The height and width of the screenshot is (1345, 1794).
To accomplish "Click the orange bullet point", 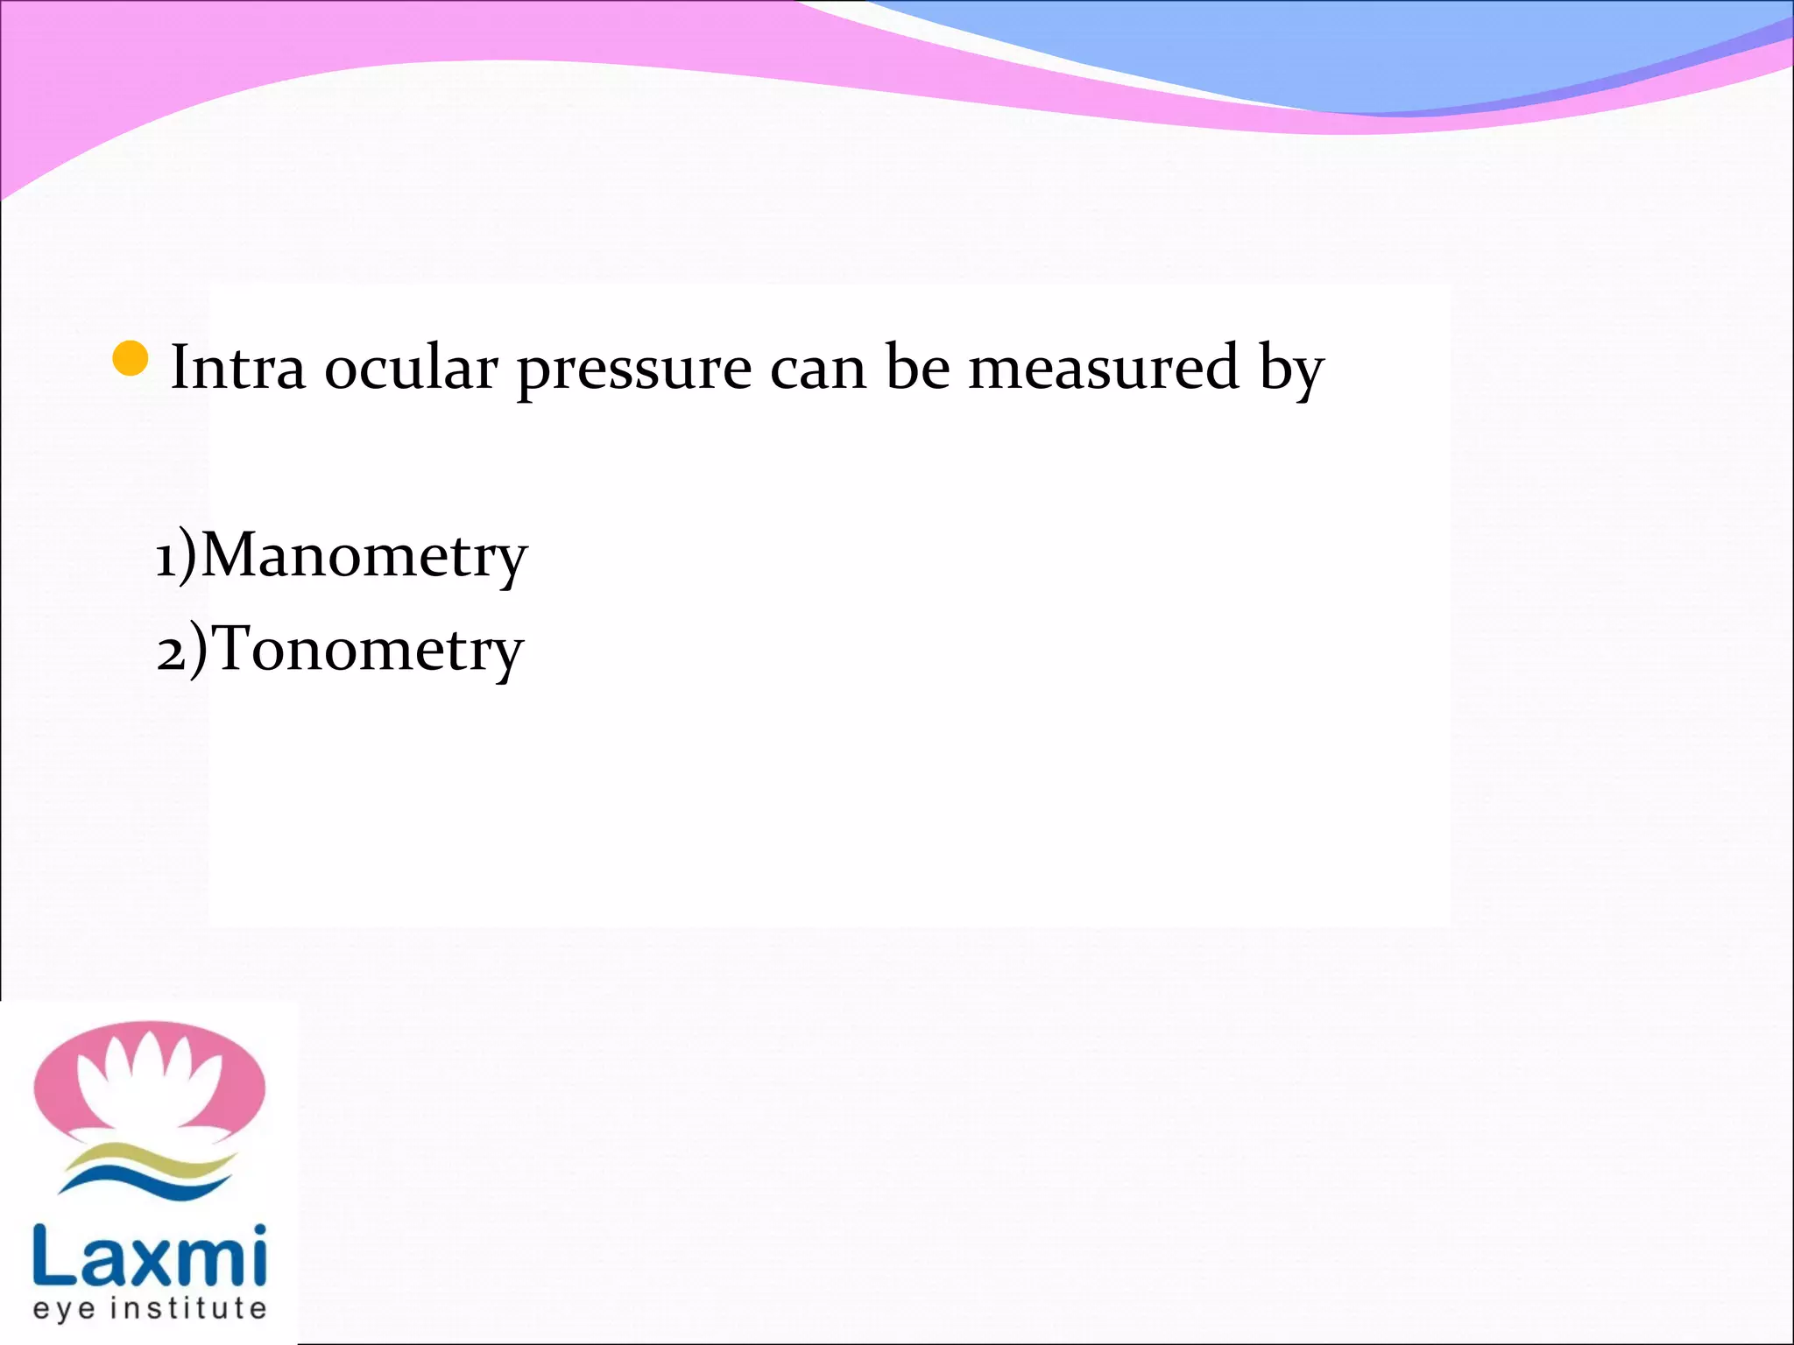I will click(131, 359).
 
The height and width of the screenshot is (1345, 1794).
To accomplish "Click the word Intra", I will click(237, 368).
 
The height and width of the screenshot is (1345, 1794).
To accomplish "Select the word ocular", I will click(411, 368).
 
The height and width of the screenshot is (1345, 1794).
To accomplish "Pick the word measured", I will click(1103, 368).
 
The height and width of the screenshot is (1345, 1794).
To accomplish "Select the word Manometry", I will click(364, 557).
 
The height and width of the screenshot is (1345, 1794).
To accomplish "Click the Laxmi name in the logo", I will click(149, 1256).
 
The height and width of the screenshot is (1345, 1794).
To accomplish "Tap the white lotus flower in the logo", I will click(149, 1081).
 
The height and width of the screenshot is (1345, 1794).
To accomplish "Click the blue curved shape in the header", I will click(1314, 53).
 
